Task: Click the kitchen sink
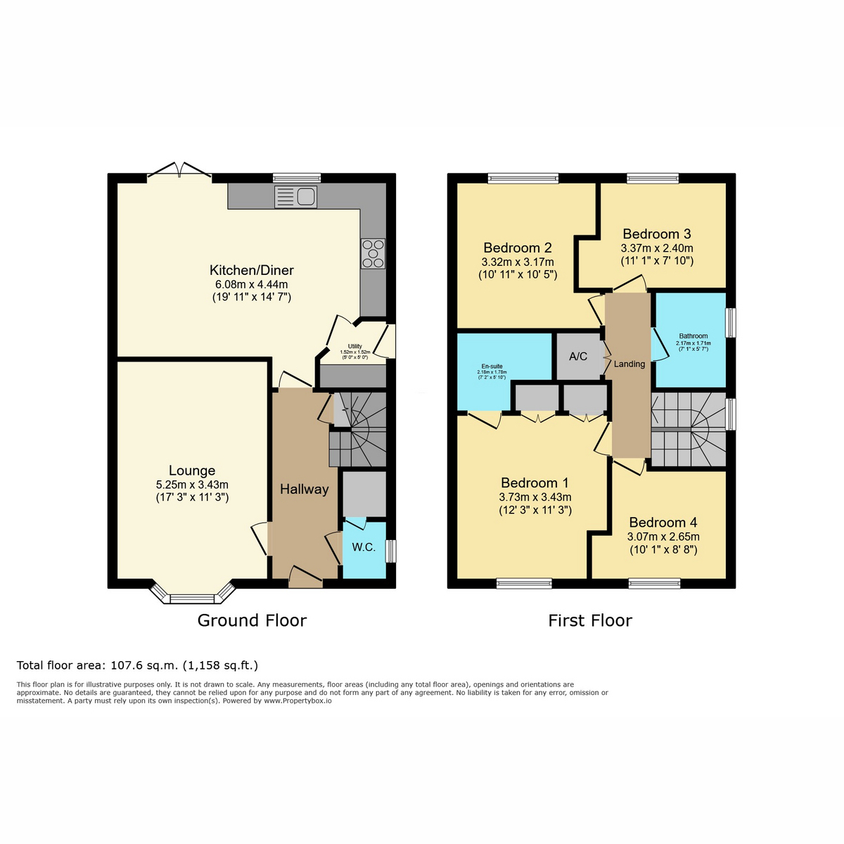[x=295, y=197]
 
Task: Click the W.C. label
[x=364, y=547]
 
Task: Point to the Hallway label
[x=305, y=490]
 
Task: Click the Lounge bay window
[x=192, y=594]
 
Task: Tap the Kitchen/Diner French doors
[x=179, y=172]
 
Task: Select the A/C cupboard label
[x=578, y=357]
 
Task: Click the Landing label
[x=629, y=364]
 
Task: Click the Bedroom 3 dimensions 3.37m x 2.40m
[x=657, y=248]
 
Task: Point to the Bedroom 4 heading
[x=663, y=523]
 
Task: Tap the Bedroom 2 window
[x=523, y=178]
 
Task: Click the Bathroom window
[x=731, y=323]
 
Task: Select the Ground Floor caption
[x=252, y=620]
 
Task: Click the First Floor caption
[x=590, y=620]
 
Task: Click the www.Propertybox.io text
[x=298, y=701]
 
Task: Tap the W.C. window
[x=391, y=551]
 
